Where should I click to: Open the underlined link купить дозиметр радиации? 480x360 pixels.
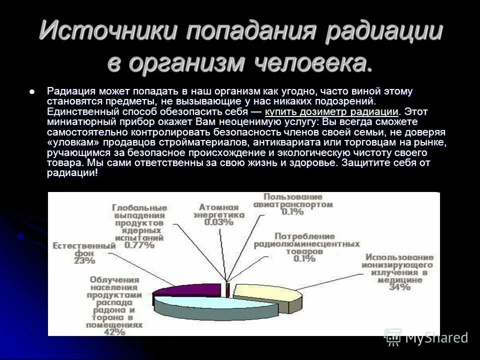tap(331, 111)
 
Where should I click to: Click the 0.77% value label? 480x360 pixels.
tap(139, 245)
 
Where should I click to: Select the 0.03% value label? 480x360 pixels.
tap(218, 222)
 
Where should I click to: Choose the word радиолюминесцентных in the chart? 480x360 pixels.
tap(306, 244)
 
